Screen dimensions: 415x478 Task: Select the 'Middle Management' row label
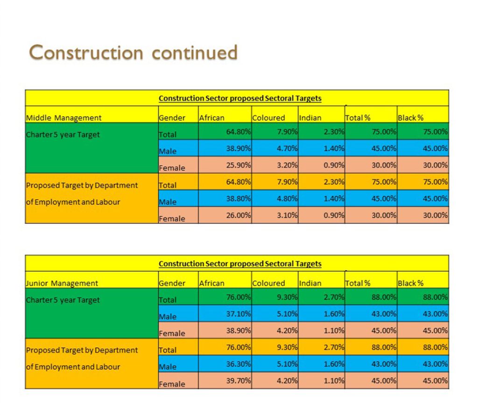pos(63,118)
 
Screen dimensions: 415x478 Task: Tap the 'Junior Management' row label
pos(62,283)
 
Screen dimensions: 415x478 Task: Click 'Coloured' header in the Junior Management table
pos(268,283)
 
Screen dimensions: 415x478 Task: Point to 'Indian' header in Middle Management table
pos(310,118)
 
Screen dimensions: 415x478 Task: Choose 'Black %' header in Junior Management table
pos(410,283)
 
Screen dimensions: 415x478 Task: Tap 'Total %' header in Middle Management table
pos(358,118)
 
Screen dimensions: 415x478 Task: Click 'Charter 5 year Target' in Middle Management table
pos(63,135)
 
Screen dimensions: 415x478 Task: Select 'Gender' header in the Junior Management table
pos(172,283)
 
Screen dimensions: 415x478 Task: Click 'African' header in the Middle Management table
pos(211,118)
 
